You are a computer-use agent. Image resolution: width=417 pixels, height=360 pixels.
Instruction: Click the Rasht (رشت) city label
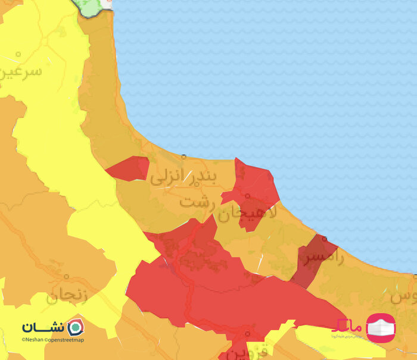pyautogui.click(x=195, y=201)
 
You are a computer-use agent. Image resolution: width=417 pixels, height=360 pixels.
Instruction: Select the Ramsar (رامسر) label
pyautogui.click(x=323, y=258)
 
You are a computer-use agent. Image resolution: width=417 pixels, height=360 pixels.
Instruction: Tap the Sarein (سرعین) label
pyautogui.click(x=23, y=72)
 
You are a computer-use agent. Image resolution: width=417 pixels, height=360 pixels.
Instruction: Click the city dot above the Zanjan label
pyautogui.click(x=67, y=277)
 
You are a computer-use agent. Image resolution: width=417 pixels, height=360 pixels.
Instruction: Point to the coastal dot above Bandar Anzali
pyautogui.click(x=183, y=156)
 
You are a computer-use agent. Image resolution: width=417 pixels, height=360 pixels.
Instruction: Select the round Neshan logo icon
pyautogui.click(x=75, y=327)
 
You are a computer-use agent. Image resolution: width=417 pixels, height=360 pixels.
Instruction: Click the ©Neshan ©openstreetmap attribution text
pyautogui.click(x=53, y=340)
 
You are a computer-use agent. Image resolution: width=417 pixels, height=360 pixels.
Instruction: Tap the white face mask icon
pyautogui.click(x=380, y=328)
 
